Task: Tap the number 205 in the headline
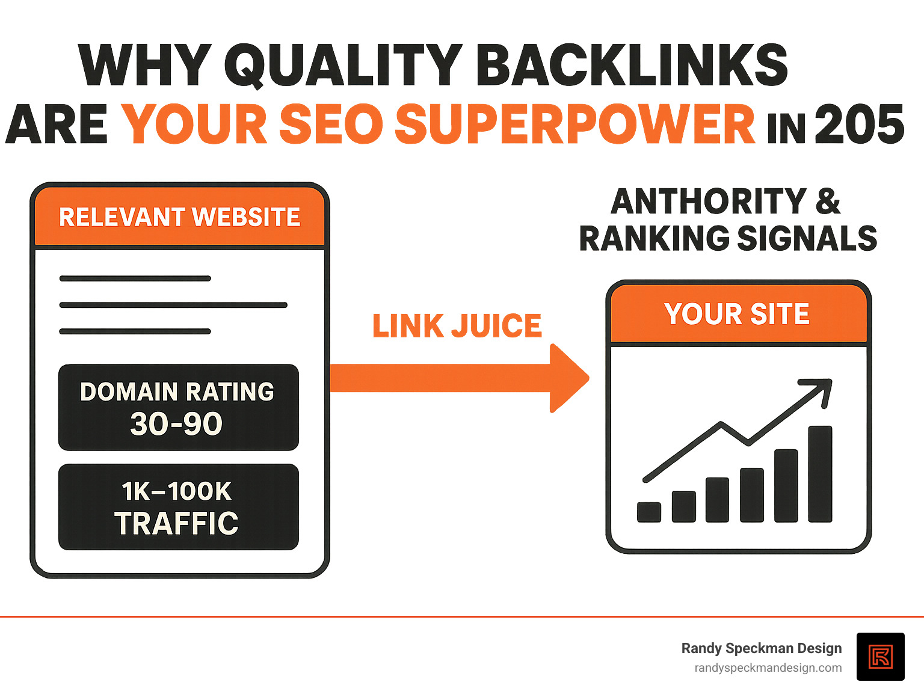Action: [859, 124]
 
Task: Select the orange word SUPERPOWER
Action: [574, 124]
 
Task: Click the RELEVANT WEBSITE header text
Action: [179, 217]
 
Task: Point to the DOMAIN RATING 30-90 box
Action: [178, 407]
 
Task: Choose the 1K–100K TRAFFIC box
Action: [178, 507]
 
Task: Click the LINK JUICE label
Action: [457, 326]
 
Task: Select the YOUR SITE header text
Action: [737, 314]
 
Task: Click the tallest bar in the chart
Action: [820, 473]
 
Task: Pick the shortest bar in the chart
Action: [649, 512]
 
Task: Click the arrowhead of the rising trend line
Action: [822, 388]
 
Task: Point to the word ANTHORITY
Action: [709, 201]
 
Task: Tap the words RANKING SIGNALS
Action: [728, 238]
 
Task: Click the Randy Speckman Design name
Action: [761, 648]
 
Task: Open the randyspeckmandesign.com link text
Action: [768, 668]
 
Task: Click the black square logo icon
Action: [880, 657]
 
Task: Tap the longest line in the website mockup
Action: [173, 305]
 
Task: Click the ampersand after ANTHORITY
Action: [828, 201]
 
